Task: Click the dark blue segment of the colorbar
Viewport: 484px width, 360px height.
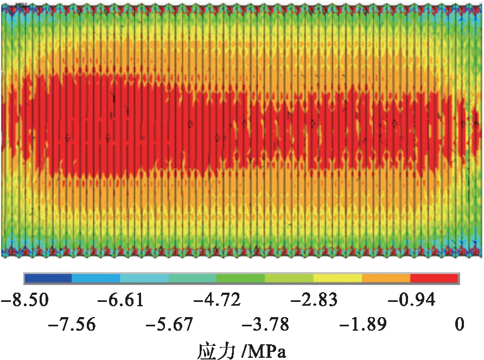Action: point(48,278)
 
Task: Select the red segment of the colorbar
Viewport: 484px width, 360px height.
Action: point(434,278)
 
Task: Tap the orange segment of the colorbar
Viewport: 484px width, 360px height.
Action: point(386,278)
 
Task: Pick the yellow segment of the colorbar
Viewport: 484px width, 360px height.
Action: point(337,278)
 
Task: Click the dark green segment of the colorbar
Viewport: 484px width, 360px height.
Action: point(241,278)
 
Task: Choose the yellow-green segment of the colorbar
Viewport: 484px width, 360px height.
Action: point(289,278)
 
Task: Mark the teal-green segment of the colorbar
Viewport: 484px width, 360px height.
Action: point(193,278)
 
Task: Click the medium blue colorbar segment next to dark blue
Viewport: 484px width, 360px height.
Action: point(96,278)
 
